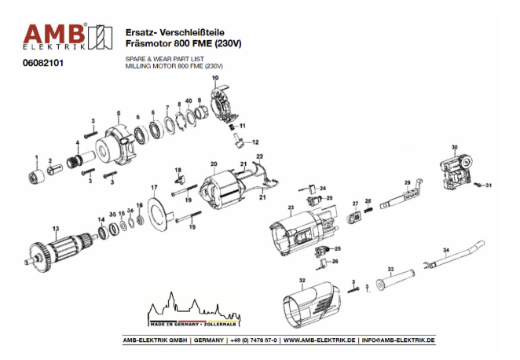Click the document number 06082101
pyautogui.click(x=43, y=64)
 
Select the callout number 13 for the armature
pyautogui.click(x=55, y=229)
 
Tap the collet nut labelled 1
pyautogui.click(x=35, y=170)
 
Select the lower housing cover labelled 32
pyautogui.click(x=310, y=307)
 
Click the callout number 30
pyautogui.click(x=453, y=147)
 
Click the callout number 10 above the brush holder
pyautogui.click(x=214, y=79)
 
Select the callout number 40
pyautogui.click(x=189, y=101)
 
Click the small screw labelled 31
pyautogui.click(x=478, y=185)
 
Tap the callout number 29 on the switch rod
pyautogui.click(x=408, y=182)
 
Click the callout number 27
pyautogui.click(x=355, y=203)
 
